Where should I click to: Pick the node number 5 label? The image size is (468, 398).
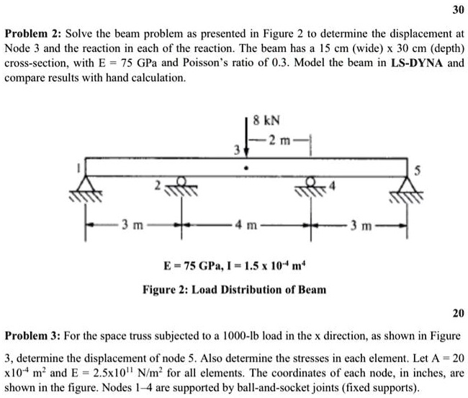[x=414, y=170]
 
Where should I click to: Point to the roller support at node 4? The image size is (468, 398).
[x=312, y=187]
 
